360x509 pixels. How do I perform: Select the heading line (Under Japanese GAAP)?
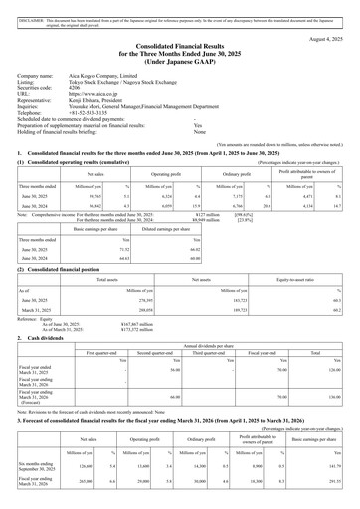179,60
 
